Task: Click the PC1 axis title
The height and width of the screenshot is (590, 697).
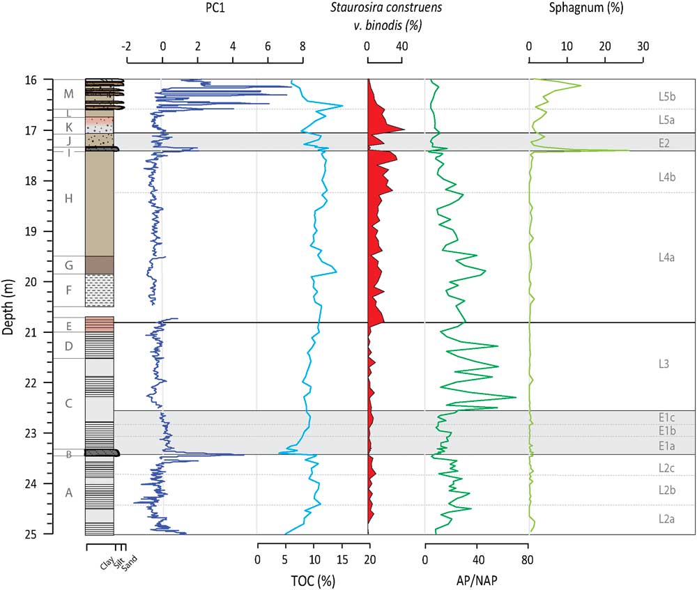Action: pyautogui.click(x=215, y=8)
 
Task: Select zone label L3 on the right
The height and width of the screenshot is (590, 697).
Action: pyautogui.click(x=664, y=364)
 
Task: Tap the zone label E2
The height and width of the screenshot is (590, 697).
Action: pyautogui.click(x=664, y=143)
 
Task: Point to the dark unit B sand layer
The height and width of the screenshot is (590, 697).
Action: pyautogui.click(x=101, y=453)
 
